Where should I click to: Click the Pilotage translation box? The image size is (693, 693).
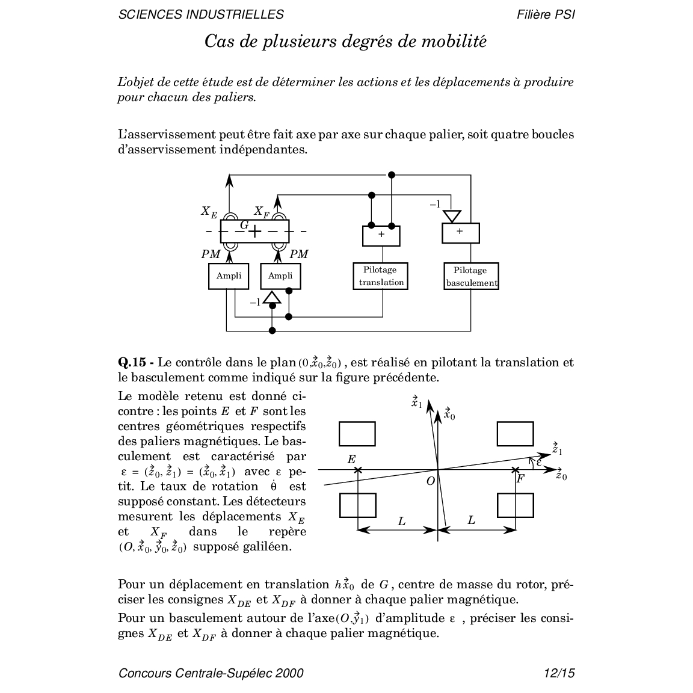coord(382,276)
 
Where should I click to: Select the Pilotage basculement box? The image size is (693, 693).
coord(472,276)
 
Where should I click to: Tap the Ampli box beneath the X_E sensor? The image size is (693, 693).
coord(229,276)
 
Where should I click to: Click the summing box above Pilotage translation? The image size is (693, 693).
coord(381,235)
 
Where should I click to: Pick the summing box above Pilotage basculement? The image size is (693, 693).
coord(460,232)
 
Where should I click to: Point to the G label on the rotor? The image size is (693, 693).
coord(244,224)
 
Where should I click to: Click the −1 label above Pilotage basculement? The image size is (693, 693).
coord(435,205)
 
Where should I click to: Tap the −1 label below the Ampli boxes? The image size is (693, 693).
coord(255,302)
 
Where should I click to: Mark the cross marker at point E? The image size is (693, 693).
coord(358,470)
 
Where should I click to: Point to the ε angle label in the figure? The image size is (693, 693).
coord(538,462)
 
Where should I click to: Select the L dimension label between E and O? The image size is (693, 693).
coord(402,521)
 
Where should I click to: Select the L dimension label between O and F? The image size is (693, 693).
coord(471,520)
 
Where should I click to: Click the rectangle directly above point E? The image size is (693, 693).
coord(357,434)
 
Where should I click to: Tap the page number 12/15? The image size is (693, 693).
coord(558,673)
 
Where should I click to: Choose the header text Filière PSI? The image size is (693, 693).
coord(545,14)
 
